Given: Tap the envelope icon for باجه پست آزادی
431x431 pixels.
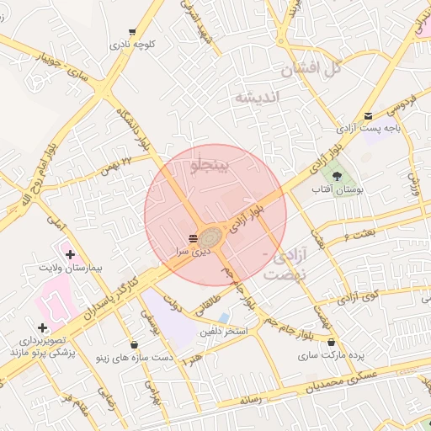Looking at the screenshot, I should [368, 116].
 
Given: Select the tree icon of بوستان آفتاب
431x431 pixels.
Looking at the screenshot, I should [338, 177].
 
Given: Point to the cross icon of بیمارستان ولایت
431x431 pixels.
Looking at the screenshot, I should [69, 253].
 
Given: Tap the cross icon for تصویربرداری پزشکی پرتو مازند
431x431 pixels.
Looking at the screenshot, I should [41, 327].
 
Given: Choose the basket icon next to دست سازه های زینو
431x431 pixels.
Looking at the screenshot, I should [135, 343].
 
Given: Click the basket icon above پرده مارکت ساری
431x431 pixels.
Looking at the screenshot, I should [333, 343].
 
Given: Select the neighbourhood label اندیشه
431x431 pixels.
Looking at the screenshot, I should [255, 98].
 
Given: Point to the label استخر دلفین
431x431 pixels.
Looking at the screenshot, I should [223, 332].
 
